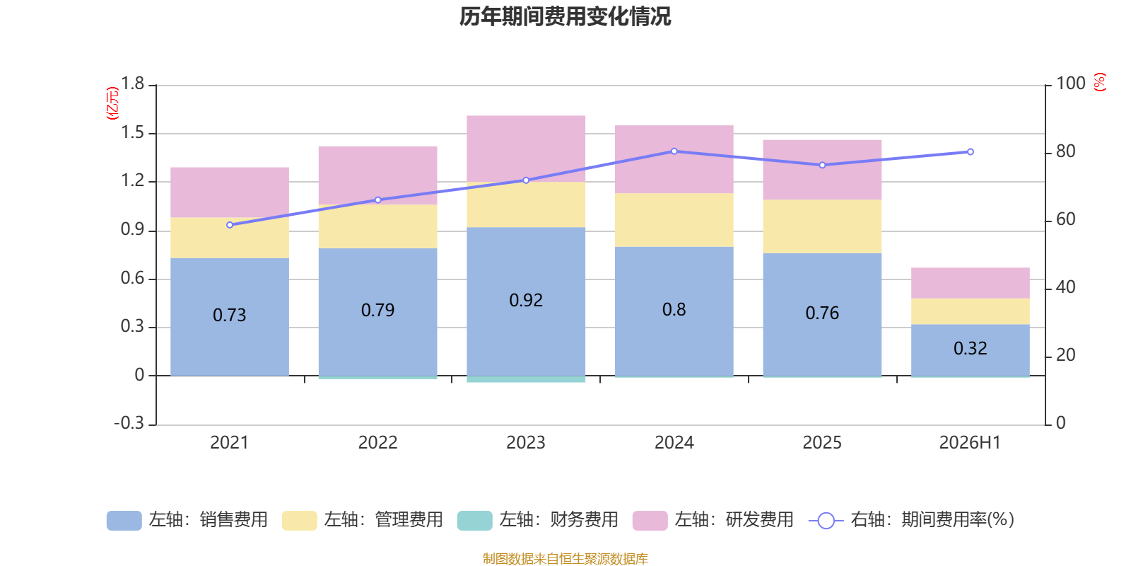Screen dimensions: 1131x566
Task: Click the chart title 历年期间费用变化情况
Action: click(x=565, y=17)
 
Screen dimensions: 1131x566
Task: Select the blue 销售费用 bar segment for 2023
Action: click(x=526, y=301)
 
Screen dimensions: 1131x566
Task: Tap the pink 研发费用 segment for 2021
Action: click(x=230, y=192)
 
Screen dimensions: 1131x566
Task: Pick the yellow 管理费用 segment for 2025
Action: click(x=822, y=226)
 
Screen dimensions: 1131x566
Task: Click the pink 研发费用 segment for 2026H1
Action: click(x=970, y=283)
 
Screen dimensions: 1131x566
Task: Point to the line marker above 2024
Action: click(x=674, y=151)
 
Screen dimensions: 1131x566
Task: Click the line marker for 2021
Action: click(x=230, y=225)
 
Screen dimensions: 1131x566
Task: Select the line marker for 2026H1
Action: click(x=970, y=151)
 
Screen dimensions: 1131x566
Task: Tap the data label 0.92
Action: click(x=526, y=300)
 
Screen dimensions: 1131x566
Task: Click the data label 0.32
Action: click(x=970, y=348)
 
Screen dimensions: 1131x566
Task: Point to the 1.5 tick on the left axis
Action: click(x=132, y=132)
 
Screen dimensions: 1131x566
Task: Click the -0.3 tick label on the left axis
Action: click(x=129, y=423)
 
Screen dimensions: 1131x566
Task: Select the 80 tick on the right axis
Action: click(x=1065, y=151)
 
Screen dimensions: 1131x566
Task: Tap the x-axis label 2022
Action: click(x=377, y=443)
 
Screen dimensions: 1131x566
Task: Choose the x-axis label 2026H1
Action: click(x=970, y=443)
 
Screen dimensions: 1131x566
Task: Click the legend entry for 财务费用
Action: click(x=538, y=520)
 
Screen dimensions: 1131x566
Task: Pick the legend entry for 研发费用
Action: click(x=713, y=520)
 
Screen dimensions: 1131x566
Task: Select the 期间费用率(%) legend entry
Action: click(x=911, y=520)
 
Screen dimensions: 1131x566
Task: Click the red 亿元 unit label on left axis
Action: click(x=112, y=103)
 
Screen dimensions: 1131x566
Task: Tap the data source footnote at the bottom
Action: click(x=565, y=558)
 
